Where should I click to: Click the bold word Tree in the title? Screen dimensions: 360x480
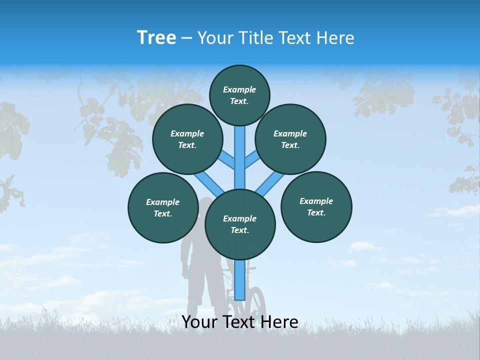pyautogui.click(x=156, y=37)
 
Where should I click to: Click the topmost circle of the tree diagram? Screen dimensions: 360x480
pyautogui.click(x=239, y=95)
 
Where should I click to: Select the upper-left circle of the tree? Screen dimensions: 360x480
pyautogui.click(x=187, y=139)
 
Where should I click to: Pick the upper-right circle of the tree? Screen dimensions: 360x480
pyautogui.click(x=290, y=139)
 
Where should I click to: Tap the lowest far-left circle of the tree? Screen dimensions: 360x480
pyautogui.click(x=163, y=207)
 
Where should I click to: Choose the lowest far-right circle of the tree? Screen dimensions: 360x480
pyautogui.click(x=316, y=206)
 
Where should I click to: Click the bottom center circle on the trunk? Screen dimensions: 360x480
pyautogui.click(x=240, y=224)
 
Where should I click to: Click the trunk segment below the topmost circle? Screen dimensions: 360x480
pyautogui.click(x=240, y=150)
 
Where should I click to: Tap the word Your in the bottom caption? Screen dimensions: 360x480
pyautogui.click(x=199, y=322)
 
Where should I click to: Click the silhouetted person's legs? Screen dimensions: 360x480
pyautogui.click(x=197, y=295)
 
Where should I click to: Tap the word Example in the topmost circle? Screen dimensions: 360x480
pyautogui.click(x=239, y=89)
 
